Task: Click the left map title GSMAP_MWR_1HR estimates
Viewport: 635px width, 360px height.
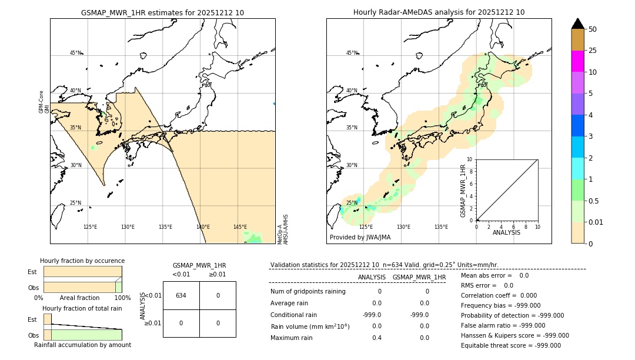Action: point(162,12)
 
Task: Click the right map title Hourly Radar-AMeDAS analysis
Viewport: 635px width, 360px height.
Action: point(439,12)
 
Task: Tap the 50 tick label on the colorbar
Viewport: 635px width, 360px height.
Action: point(593,29)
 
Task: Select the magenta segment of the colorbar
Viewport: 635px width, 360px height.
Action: point(577,61)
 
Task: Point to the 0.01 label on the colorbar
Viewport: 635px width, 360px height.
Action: point(596,222)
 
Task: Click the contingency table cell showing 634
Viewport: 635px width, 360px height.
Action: point(181,295)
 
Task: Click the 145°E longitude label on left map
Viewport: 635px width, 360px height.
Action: point(240,227)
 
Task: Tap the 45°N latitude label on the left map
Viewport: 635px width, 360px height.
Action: point(75,53)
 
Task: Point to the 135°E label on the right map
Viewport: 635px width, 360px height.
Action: point(441,227)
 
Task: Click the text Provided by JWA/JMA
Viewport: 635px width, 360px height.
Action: point(360,238)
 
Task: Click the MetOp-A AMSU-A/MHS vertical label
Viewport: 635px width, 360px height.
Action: point(282,229)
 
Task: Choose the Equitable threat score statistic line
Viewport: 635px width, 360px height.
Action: point(510,345)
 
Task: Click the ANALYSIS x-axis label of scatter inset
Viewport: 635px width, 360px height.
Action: point(506,233)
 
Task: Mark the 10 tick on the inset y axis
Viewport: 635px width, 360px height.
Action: point(469,159)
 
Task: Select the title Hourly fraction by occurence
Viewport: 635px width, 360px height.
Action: point(82,261)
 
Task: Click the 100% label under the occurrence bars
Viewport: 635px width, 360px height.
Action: point(122,298)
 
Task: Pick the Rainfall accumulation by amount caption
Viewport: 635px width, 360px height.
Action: point(82,345)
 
